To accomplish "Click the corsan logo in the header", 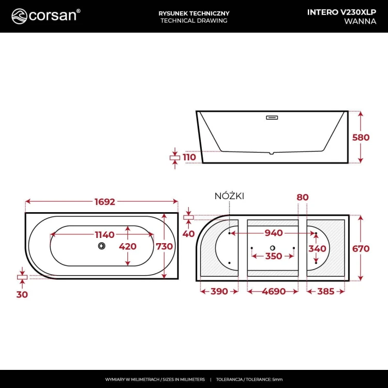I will pyautogui.click(x=46, y=16).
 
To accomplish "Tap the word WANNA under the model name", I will pyautogui.click(x=360, y=21).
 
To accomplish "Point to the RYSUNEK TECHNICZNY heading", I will pyautogui.click(x=194, y=12).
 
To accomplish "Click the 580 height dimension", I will pyautogui.click(x=361, y=137).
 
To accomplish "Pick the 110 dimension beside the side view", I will pyautogui.click(x=190, y=157).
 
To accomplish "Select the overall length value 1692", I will pyautogui.click(x=102, y=202).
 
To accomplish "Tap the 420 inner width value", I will pyautogui.click(x=128, y=247).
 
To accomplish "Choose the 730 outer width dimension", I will pyautogui.click(x=165, y=247).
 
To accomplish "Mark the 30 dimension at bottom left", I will pyautogui.click(x=22, y=294).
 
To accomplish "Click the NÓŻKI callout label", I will pyautogui.click(x=229, y=196).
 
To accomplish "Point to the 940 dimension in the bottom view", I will pyautogui.click(x=274, y=233).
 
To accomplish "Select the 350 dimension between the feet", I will pyautogui.click(x=274, y=256).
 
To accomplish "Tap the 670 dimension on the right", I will pyautogui.click(x=361, y=249).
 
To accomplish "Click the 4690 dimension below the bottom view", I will pyautogui.click(x=274, y=291).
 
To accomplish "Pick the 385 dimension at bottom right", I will pyautogui.click(x=325, y=291).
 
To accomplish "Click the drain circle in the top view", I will pyautogui.click(x=101, y=246).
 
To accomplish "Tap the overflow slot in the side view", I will pyautogui.click(x=272, y=117).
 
